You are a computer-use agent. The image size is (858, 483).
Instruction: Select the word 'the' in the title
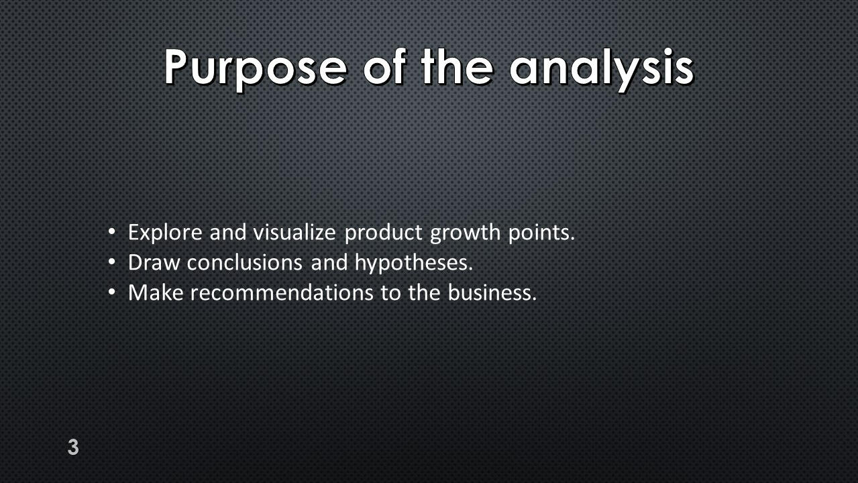pyautogui.click(x=457, y=66)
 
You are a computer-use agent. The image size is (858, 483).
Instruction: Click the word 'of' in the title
pyautogui.click(x=384, y=66)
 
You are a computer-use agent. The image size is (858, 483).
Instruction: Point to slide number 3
pyautogui.click(x=73, y=447)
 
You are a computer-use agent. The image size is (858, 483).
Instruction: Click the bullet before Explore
pyautogui.click(x=111, y=231)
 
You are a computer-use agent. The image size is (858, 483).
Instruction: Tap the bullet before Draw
pyautogui.click(x=111, y=262)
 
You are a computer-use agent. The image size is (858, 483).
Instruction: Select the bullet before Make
pyautogui.click(x=111, y=292)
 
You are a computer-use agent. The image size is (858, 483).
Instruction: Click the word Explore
pyautogui.click(x=165, y=233)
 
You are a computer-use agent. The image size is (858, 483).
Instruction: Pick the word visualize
pyautogui.click(x=294, y=232)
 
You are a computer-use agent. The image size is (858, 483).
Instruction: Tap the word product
pyautogui.click(x=384, y=233)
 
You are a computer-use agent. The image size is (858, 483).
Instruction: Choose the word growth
pyautogui.click(x=466, y=233)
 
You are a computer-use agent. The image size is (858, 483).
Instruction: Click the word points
pyautogui.click(x=541, y=233)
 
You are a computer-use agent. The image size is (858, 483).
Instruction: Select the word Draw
pyautogui.click(x=154, y=263)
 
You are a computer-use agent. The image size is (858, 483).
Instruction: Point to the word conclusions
pyautogui.click(x=245, y=263)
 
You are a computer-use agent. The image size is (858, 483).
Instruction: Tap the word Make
pyautogui.click(x=156, y=292)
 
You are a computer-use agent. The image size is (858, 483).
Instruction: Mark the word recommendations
pyautogui.click(x=282, y=292)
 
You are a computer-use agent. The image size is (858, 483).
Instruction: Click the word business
pyautogui.click(x=492, y=292)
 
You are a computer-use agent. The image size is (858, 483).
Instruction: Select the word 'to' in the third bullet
pyautogui.click(x=390, y=293)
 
